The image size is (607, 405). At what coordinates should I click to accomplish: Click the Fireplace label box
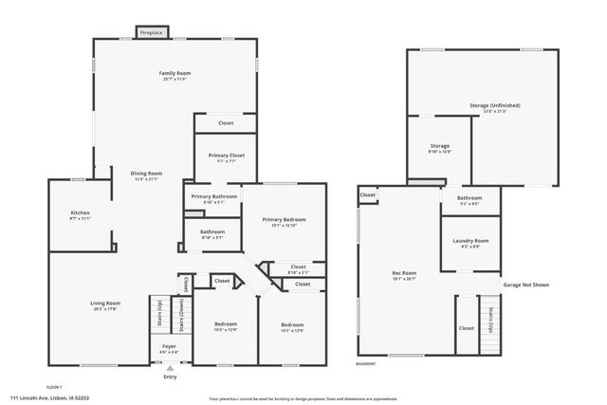pyautogui.click(x=151, y=33)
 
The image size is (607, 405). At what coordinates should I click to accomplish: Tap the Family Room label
pyautogui.click(x=175, y=73)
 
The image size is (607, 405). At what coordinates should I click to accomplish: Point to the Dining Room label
pyautogui.click(x=147, y=174)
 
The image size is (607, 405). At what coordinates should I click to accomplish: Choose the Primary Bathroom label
pyautogui.click(x=213, y=196)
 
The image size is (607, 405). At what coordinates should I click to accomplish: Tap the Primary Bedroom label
pyautogui.click(x=284, y=219)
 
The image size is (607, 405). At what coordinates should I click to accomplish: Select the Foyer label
pyautogui.click(x=169, y=349)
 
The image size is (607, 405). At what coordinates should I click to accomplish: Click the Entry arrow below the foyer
pyautogui.click(x=170, y=368)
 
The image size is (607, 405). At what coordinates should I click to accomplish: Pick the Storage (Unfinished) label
pyautogui.click(x=494, y=105)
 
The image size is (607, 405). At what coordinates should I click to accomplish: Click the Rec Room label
pyautogui.click(x=405, y=275)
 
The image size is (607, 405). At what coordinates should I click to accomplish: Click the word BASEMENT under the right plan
pyautogui.click(x=366, y=364)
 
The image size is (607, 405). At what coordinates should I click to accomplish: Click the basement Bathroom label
pyautogui.click(x=469, y=197)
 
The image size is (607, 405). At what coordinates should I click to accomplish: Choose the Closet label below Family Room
pyautogui.click(x=226, y=123)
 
